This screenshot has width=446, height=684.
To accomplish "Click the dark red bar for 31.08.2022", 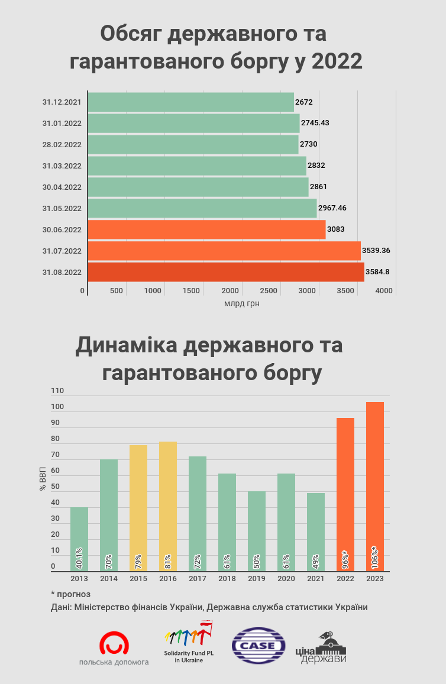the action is [226, 272].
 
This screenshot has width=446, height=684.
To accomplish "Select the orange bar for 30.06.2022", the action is [207, 229].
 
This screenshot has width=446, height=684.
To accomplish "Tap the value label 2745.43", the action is [315, 123].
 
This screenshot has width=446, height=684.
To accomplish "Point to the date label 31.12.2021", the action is [62, 102].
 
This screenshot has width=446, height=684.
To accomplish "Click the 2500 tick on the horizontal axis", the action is [269, 291].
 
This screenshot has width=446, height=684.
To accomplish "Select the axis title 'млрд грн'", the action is [242, 304].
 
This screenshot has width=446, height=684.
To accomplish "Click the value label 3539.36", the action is [376, 251].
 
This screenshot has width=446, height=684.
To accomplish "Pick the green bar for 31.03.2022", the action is [197, 166].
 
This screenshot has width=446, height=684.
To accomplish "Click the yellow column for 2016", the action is [168, 507].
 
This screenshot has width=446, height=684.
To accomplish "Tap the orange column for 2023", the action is [375, 487].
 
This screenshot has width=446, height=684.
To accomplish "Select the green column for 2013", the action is [79, 539].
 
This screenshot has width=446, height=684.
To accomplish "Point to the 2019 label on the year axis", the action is [257, 579].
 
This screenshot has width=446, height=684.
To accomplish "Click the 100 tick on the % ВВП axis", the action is [57, 407].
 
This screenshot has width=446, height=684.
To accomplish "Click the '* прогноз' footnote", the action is [71, 594].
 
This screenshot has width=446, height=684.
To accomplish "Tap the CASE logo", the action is [258, 646].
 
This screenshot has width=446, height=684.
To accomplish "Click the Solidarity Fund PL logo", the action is [189, 642].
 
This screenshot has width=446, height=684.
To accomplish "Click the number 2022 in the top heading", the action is [337, 61].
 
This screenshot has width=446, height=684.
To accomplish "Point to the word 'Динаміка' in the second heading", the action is [127, 346].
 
